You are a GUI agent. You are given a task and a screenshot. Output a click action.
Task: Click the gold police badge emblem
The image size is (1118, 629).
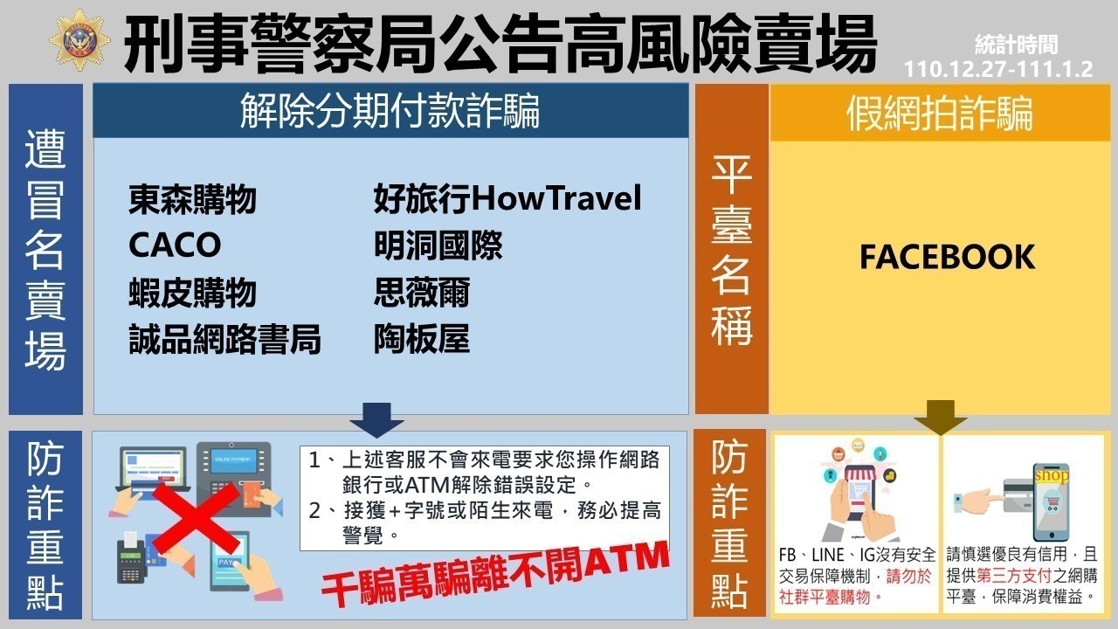tap(79, 40)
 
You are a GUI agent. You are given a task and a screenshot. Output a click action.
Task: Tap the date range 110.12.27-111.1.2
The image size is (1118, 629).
tap(998, 69)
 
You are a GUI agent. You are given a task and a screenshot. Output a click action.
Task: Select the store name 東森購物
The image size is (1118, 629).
tap(193, 199)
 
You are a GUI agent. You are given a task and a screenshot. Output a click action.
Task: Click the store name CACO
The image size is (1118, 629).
tap(175, 245)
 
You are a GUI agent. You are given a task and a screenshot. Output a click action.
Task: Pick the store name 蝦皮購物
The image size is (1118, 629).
tap(193, 293)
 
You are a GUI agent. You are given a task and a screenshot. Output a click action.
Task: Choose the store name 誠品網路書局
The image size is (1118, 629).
tap(224, 340)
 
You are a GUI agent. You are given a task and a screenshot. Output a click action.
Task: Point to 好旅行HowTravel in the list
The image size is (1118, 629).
tap(507, 198)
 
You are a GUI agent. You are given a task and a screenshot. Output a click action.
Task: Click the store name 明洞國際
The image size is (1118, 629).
tap(438, 245)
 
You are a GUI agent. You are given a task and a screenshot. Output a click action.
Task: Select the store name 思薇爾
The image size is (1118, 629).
tap(422, 293)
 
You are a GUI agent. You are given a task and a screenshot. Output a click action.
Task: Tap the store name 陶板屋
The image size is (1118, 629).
tap(422, 340)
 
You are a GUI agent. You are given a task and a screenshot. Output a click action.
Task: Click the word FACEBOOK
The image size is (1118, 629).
tap(948, 257)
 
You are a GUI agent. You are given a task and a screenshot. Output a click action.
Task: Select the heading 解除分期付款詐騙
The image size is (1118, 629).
tap(390, 111)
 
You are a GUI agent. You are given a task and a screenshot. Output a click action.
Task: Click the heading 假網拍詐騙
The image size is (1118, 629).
tap(940, 114)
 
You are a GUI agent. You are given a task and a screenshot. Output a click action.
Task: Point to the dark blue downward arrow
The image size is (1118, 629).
tap(376, 420)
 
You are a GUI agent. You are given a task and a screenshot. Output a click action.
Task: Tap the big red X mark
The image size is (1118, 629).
tap(196, 519)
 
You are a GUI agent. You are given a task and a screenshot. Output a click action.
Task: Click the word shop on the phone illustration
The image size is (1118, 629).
tap(1052, 474)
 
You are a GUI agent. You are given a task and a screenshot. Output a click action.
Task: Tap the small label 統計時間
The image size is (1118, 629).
tap(1016, 45)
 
